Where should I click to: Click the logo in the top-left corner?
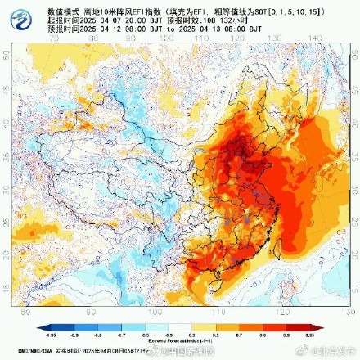(x=12, y=15)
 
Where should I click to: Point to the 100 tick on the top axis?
(x=167, y=38)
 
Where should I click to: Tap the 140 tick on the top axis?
(x=316, y=38)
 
